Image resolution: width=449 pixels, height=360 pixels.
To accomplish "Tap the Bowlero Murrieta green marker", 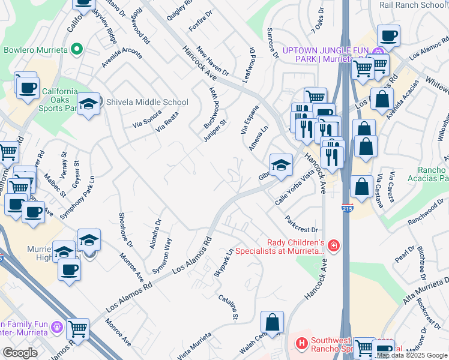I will pyautogui.click(x=76, y=49).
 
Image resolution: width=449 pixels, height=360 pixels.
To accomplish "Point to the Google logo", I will pyautogui.click(x=20, y=353).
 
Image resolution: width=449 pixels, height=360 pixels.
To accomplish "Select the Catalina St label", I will pyautogui.click(x=229, y=307).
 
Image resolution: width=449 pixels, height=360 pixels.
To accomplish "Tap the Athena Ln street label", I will pyautogui.click(x=263, y=139).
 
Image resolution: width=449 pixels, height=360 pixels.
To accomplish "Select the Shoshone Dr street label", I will pyautogui.click(x=125, y=230).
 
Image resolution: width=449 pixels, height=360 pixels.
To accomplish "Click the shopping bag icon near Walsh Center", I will pyautogui.click(x=273, y=321).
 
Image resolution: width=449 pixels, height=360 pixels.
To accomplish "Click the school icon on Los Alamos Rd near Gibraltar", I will pyautogui.click(x=280, y=166).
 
